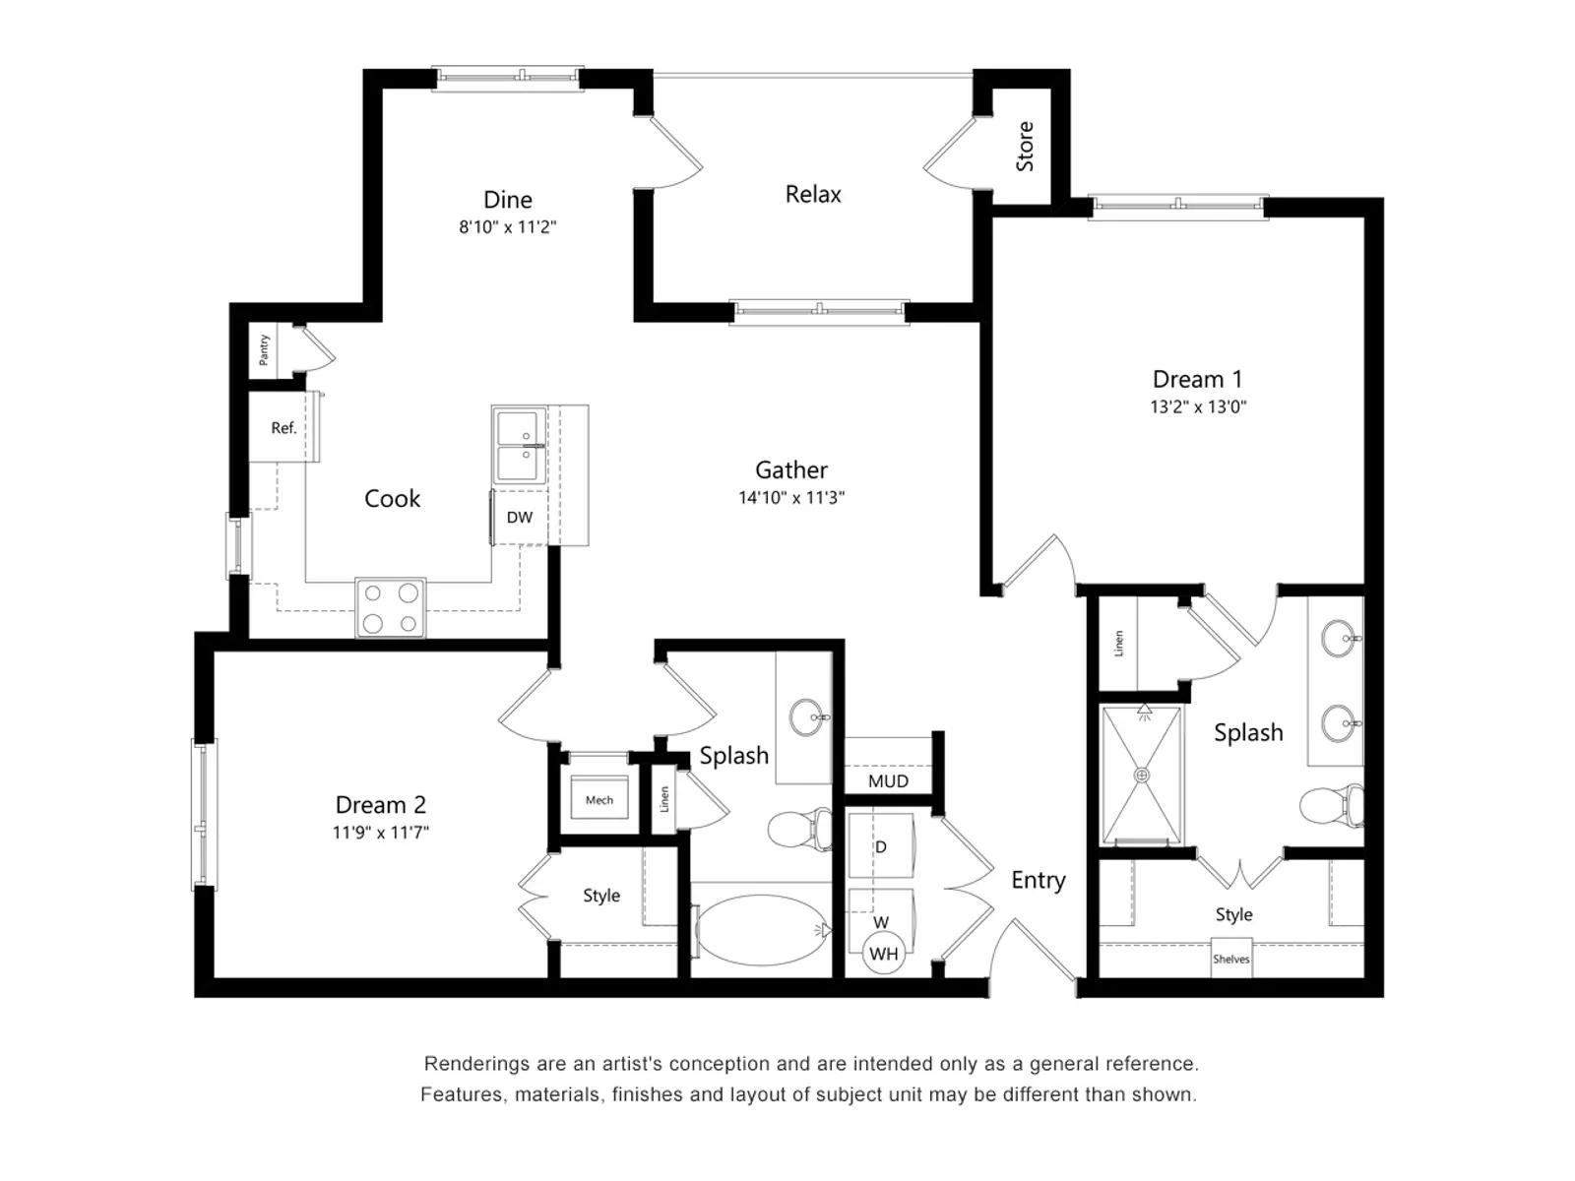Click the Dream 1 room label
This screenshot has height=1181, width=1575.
coord(1197,379)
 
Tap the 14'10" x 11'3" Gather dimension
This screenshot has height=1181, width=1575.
coord(791,498)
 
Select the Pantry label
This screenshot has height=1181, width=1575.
coord(264,349)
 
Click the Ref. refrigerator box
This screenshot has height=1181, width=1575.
coord(283,428)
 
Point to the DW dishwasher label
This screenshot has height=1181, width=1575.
coord(519,518)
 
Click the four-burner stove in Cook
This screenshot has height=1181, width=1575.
coord(391,608)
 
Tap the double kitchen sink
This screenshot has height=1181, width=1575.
coord(519,446)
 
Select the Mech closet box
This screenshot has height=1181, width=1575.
coord(599,800)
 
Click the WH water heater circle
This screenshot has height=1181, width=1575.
coord(883,954)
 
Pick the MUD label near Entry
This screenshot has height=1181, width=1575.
coord(888,781)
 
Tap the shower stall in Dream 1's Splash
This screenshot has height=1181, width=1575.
coord(1142,776)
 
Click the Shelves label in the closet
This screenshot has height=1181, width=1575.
coord(1230,960)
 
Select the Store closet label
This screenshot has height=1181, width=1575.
coord(1025,147)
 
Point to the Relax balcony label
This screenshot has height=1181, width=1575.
coord(813,195)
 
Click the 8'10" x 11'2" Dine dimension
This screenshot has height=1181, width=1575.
coord(507,227)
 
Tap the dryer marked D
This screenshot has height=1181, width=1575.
coord(881,846)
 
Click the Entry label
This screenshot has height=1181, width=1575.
coord(1038,880)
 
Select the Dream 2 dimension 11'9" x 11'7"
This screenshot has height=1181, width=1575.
coord(380,833)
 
